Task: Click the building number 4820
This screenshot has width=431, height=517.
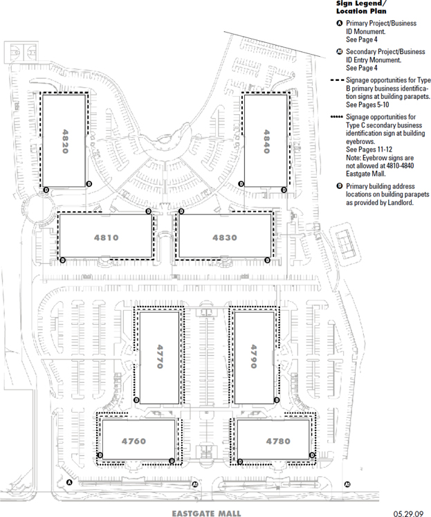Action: click(x=65, y=141)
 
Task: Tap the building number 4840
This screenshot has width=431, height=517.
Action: click(x=266, y=141)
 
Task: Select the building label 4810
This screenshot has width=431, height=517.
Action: click(x=106, y=237)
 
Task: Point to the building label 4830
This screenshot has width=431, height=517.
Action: click(x=225, y=237)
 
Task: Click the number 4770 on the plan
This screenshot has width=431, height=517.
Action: click(x=160, y=356)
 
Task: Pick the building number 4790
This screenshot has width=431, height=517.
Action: click(x=253, y=356)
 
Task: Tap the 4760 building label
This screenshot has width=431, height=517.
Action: click(x=134, y=441)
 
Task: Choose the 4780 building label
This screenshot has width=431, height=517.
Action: click(x=278, y=441)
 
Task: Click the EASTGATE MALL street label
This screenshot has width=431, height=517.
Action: click(x=206, y=514)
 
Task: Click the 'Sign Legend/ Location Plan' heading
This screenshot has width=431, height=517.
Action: click(x=361, y=7)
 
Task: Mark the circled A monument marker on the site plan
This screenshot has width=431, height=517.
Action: click(x=69, y=482)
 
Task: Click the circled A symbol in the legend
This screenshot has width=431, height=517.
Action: click(x=340, y=24)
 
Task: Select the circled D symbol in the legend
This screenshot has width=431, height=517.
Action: click(x=340, y=186)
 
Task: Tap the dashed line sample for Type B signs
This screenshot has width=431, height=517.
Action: click(x=337, y=80)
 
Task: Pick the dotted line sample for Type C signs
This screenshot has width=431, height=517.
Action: click(x=337, y=117)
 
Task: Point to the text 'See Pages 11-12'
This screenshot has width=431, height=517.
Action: click(x=369, y=149)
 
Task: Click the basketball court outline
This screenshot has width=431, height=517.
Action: click(x=21, y=52)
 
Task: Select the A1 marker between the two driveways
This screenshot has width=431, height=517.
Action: click(x=194, y=484)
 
